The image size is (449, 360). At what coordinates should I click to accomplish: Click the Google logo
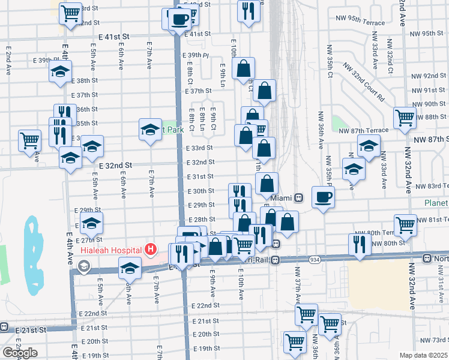[20, 353]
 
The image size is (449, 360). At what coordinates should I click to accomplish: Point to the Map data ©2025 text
[423, 355]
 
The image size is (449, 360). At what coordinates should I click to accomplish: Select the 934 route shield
[315, 259]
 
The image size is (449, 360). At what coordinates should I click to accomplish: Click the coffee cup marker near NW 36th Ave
[323, 197]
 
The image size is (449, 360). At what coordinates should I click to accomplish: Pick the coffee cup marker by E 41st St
[179, 19]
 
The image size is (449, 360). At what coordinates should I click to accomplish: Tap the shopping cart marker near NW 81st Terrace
[406, 225]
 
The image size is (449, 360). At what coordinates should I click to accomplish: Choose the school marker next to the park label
[150, 128]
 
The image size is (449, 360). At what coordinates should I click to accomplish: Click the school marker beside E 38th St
[60, 73]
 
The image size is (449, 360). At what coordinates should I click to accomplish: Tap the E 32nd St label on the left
[115, 164]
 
